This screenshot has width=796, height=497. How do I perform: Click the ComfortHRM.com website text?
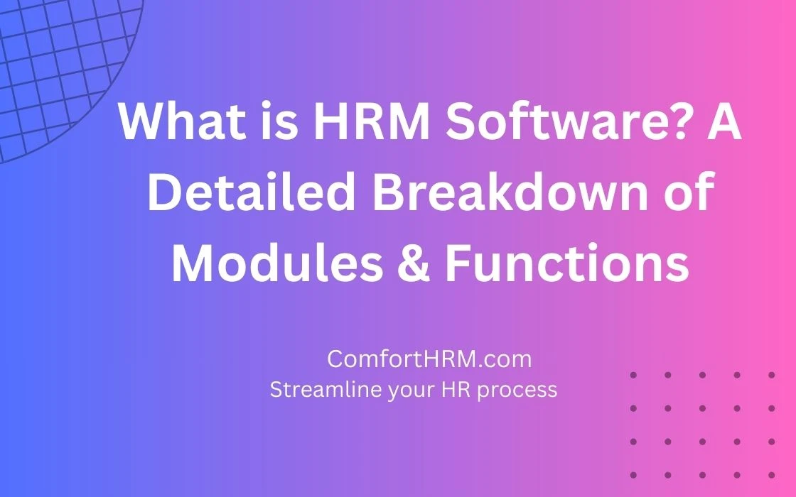tap(429, 359)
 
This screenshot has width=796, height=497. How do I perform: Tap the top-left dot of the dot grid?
tap(633, 376)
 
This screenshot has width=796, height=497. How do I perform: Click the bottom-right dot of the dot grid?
tap(772, 475)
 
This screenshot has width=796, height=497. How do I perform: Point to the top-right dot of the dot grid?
tap(772, 376)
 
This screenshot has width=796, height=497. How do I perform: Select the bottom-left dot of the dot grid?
tap(633, 475)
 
